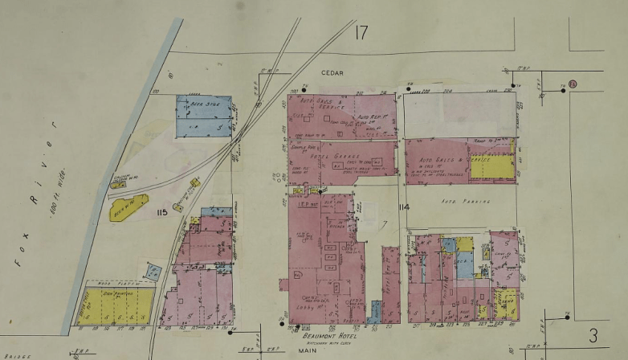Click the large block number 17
click(359, 32)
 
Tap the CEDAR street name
click(332, 72)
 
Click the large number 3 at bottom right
click(593, 335)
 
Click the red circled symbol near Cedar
click(573, 84)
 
